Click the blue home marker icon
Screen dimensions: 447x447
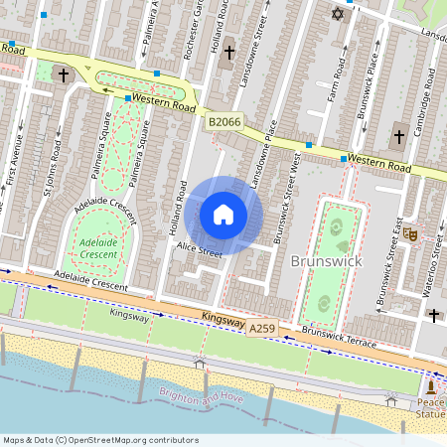click(223, 215)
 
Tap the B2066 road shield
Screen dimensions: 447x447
click(225, 122)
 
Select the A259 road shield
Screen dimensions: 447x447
click(262, 328)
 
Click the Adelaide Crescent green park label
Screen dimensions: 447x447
click(97, 247)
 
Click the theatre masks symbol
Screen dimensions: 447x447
click(408, 233)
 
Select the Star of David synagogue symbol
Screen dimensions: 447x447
click(337, 14)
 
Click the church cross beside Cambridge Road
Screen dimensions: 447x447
click(398, 136)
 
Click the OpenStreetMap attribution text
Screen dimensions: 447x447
click(99, 440)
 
